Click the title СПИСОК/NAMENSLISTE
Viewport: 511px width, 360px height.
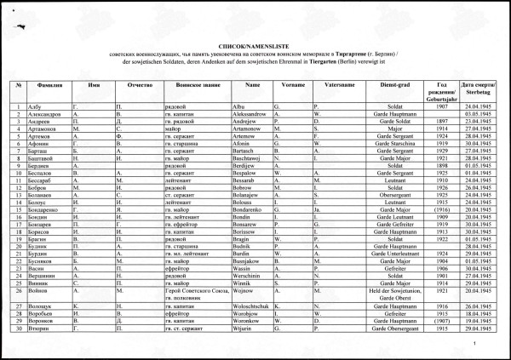click(255, 40)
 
